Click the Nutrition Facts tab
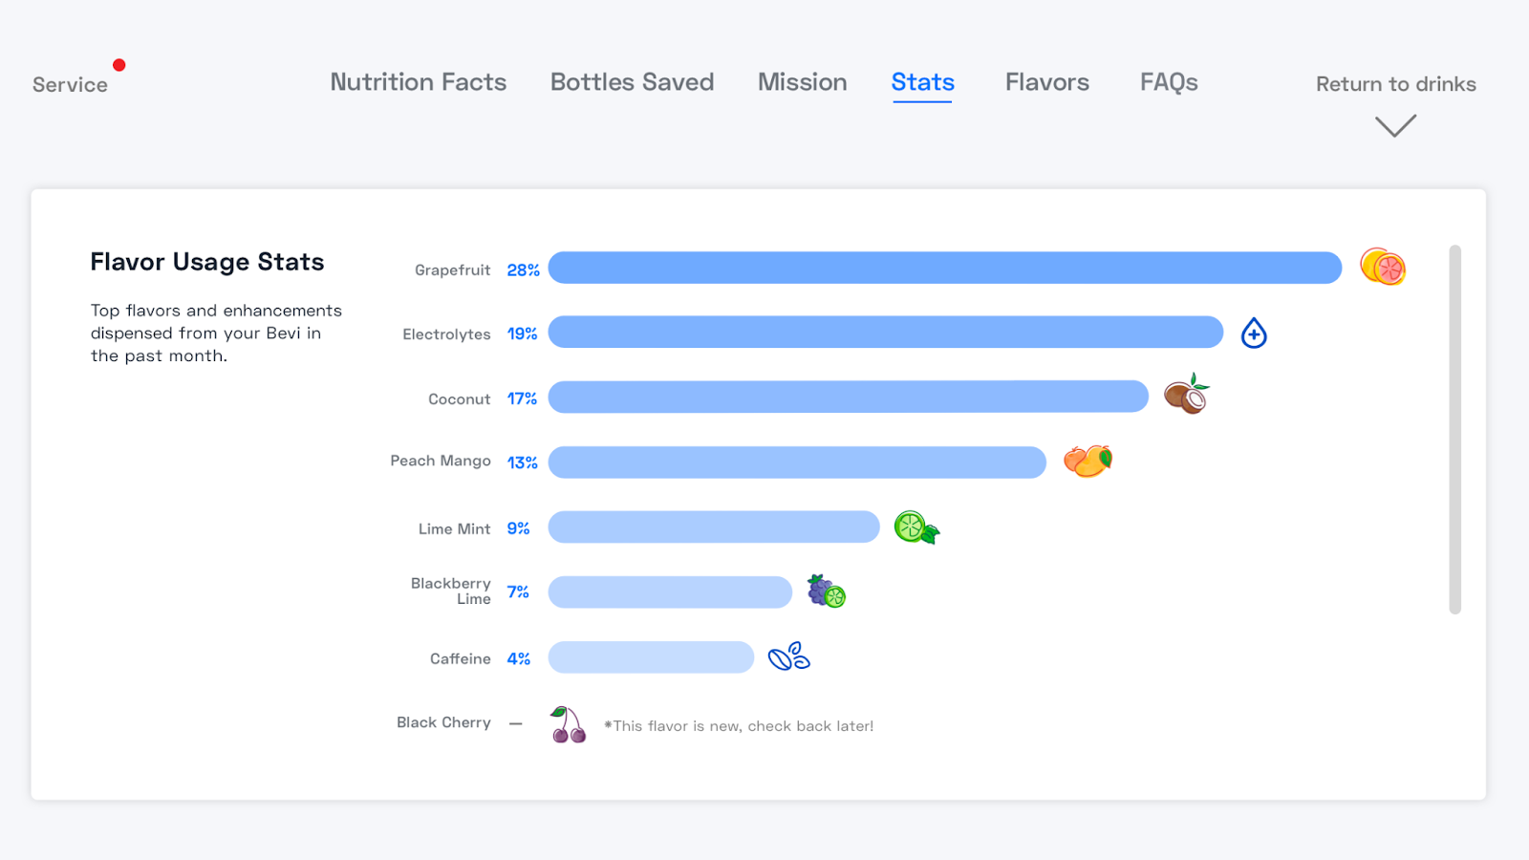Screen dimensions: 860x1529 coord(419,82)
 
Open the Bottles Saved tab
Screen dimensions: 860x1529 coord(632,82)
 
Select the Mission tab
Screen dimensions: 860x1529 coord(802,82)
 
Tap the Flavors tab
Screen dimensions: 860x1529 coord(1046,82)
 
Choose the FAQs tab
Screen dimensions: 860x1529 coord(1169,82)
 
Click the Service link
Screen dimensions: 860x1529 coord(70,85)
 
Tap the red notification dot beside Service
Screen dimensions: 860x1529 coord(119,65)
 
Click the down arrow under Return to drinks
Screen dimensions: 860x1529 coord(1395,126)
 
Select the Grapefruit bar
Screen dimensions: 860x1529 coord(944,268)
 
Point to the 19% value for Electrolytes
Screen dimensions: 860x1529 coord(522,333)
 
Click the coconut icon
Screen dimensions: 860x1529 coord(1186,395)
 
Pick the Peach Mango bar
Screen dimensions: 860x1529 coord(797,462)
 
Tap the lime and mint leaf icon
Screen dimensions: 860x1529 coord(915,527)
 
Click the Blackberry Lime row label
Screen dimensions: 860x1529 coord(451,591)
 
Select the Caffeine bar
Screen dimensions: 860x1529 coord(651,657)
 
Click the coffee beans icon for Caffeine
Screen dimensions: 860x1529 coord(789,656)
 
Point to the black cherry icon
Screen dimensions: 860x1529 coord(568,725)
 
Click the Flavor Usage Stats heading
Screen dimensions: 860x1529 coord(207,262)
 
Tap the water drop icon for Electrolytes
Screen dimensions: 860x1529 coord(1254,333)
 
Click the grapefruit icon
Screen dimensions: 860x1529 coord(1383,268)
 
